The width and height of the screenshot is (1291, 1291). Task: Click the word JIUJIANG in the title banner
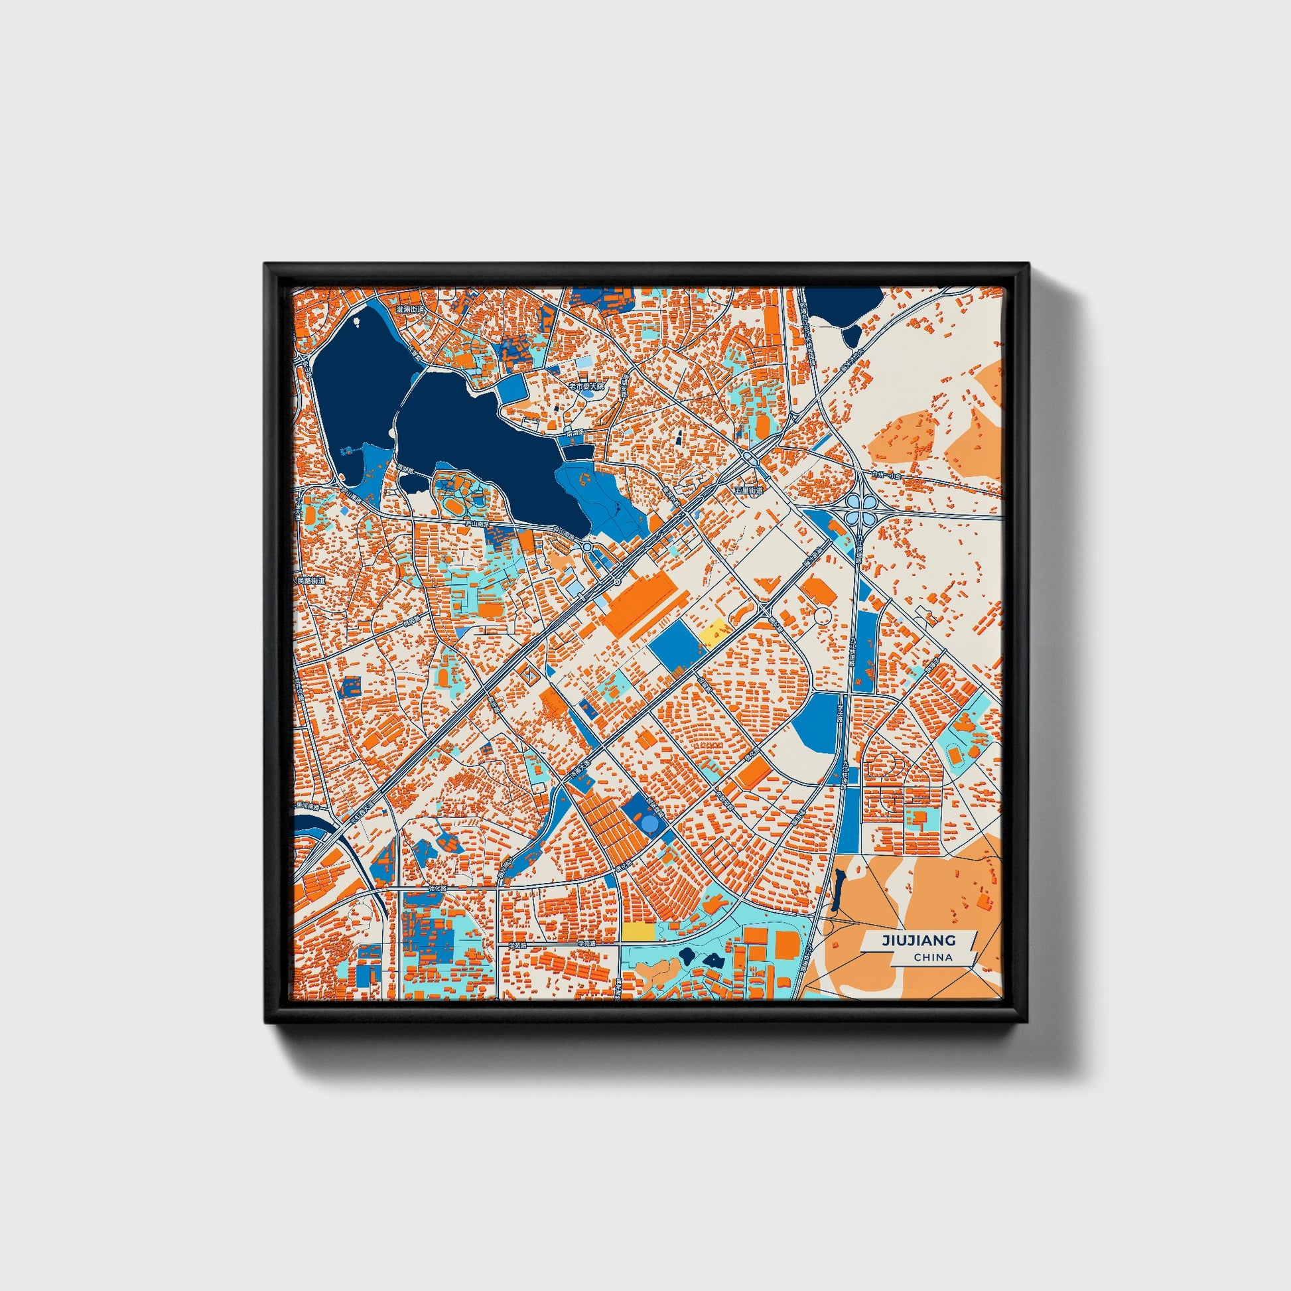coord(918,940)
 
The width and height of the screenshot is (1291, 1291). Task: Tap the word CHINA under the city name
coord(934,957)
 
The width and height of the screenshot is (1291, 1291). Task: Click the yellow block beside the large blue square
coord(714,631)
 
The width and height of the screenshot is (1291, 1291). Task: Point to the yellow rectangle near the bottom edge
coord(638,931)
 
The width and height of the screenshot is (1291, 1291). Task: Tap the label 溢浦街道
coord(409,309)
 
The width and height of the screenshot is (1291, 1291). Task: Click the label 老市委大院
coord(586,386)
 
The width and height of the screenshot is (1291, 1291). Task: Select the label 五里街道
coord(748,490)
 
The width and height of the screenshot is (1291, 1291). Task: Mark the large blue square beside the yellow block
coord(675,645)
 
